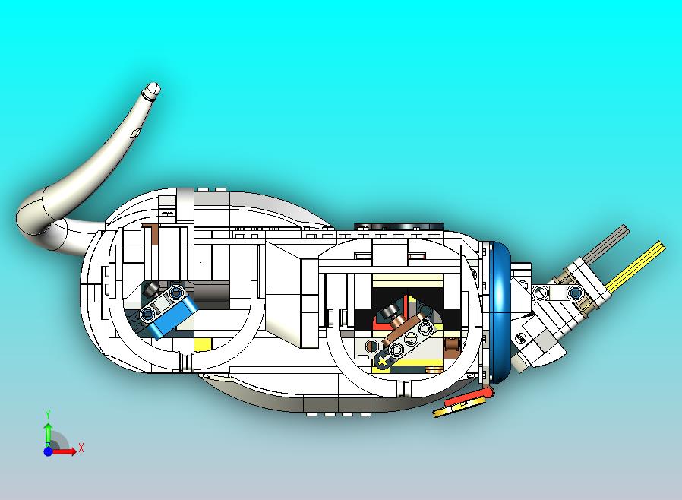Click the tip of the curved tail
pyautogui.click(x=153, y=89)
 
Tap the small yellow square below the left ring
pyautogui.click(x=202, y=344)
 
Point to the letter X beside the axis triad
pyautogui.click(x=81, y=448)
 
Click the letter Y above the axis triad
pyautogui.click(x=48, y=414)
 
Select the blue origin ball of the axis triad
pyautogui.click(x=48, y=451)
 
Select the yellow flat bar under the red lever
pyautogui.click(x=453, y=410)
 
